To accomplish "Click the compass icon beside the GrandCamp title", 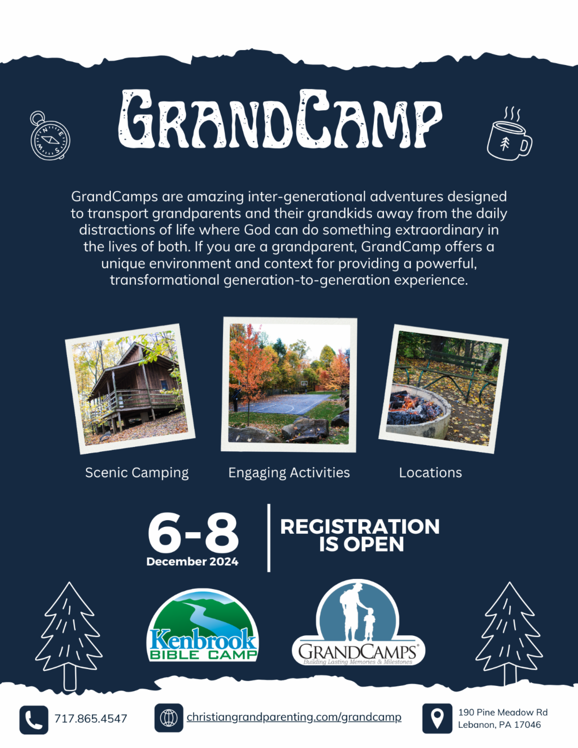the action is click(50, 135).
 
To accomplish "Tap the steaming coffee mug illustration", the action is click(509, 138).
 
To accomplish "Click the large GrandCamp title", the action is click(280, 119).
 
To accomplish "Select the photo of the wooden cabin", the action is click(130, 389).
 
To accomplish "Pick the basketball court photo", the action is click(289, 384).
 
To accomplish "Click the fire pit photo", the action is click(444, 389).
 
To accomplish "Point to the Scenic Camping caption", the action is click(137, 473).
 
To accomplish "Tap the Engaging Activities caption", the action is click(289, 473).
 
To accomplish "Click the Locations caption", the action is click(430, 472).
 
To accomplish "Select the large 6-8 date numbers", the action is click(193, 533).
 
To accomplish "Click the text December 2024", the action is click(193, 562).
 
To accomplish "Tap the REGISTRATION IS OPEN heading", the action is click(360, 536).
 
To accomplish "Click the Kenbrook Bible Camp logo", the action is click(202, 626).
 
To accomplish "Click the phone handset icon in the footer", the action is click(34, 719).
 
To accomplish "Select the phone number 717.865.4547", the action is click(91, 719).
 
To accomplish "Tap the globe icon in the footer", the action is click(169, 718).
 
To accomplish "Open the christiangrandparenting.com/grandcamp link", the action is click(294, 717).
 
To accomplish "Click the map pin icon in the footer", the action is click(437, 719).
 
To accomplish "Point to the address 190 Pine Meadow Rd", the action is click(502, 712).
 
